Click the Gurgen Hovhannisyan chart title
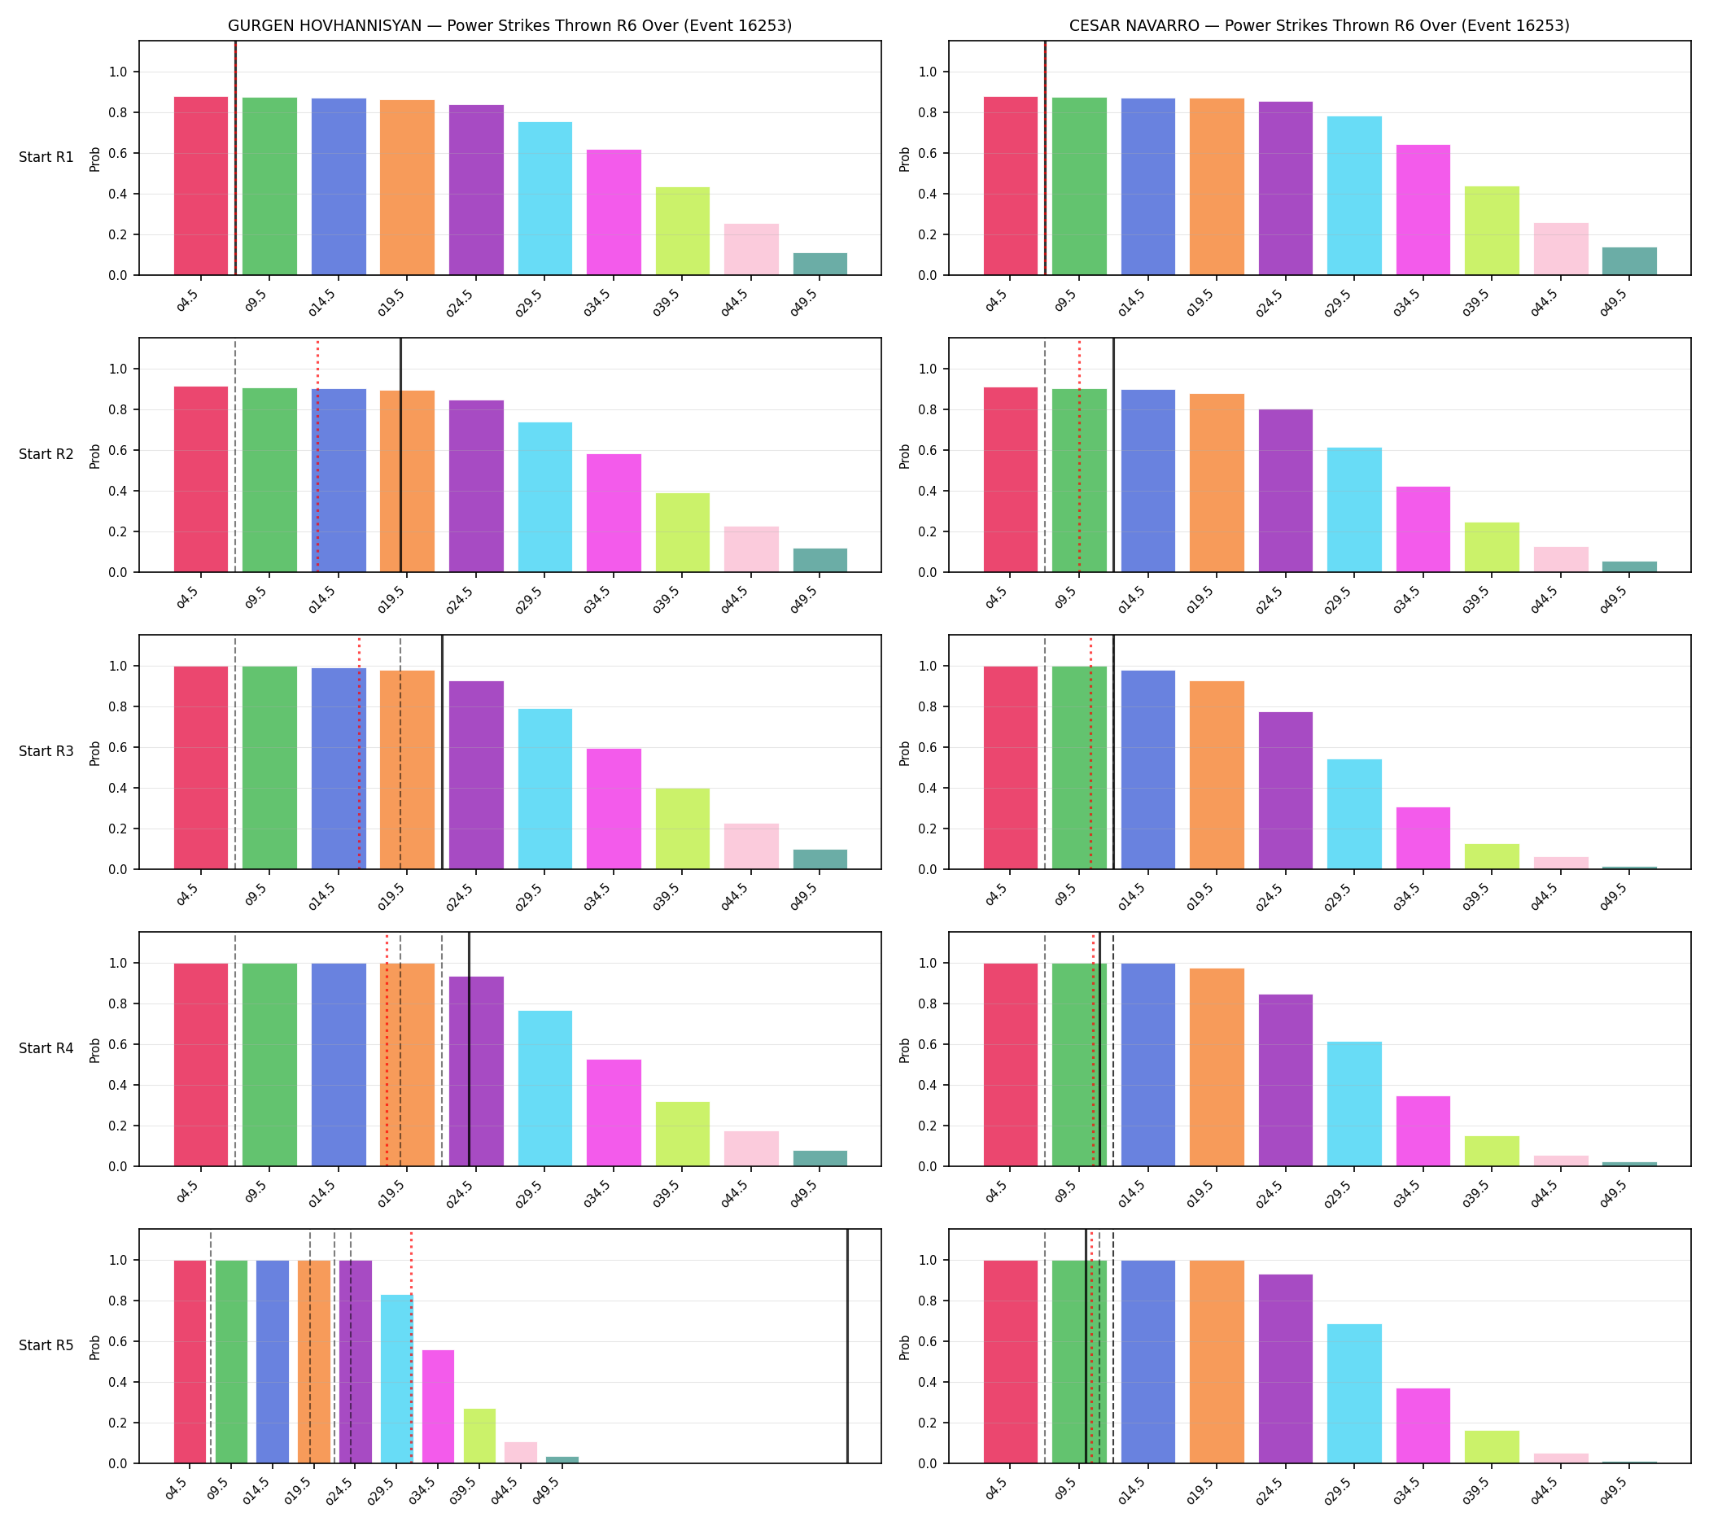point(509,26)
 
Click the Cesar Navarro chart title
point(1319,26)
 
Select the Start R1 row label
point(46,158)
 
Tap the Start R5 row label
point(46,1346)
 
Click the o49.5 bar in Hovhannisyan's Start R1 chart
point(820,265)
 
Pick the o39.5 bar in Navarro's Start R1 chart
point(1492,230)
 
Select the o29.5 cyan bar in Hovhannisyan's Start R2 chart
point(545,497)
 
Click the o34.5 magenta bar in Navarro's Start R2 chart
point(1423,529)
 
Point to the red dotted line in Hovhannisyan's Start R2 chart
point(318,455)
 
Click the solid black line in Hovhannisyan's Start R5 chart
point(847,1347)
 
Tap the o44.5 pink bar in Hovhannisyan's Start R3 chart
point(751,847)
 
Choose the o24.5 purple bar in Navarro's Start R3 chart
point(1286,790)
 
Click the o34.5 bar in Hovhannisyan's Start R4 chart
point(614,1113)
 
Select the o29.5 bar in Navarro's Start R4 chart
point(1354,1104)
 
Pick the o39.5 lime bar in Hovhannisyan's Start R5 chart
point(479,1436)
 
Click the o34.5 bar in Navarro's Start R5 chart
point(1423,1426)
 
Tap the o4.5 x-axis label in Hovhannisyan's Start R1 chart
point(188,303)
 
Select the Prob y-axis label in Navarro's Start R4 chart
point(905,1051)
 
